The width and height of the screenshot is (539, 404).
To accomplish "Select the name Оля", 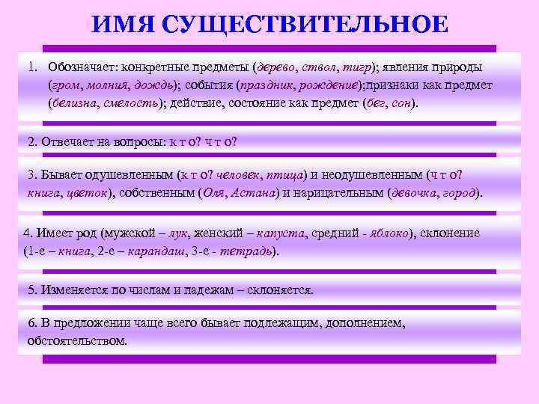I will (215, 192).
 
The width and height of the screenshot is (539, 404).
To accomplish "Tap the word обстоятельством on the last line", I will (77, 340).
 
